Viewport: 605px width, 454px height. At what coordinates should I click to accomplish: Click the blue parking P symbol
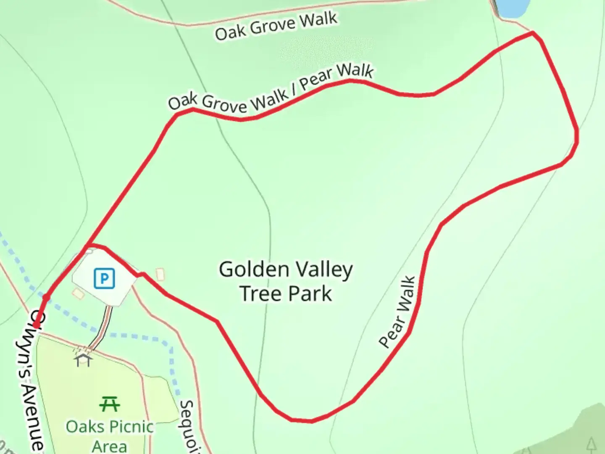[104, 278]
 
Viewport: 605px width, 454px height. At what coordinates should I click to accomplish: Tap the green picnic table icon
[110, 404]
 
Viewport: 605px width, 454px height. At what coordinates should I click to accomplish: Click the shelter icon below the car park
[83, 360]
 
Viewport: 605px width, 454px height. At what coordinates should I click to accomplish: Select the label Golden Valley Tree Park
[286, 281]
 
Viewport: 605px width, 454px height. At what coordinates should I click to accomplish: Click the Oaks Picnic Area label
[110, 436]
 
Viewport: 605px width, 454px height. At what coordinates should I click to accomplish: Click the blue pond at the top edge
[510, 8]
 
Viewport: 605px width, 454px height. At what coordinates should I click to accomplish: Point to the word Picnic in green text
[131, 427]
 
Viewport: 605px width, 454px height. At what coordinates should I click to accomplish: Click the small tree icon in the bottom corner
[592, 444]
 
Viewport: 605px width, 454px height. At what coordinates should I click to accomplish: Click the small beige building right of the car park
[160, 275]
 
